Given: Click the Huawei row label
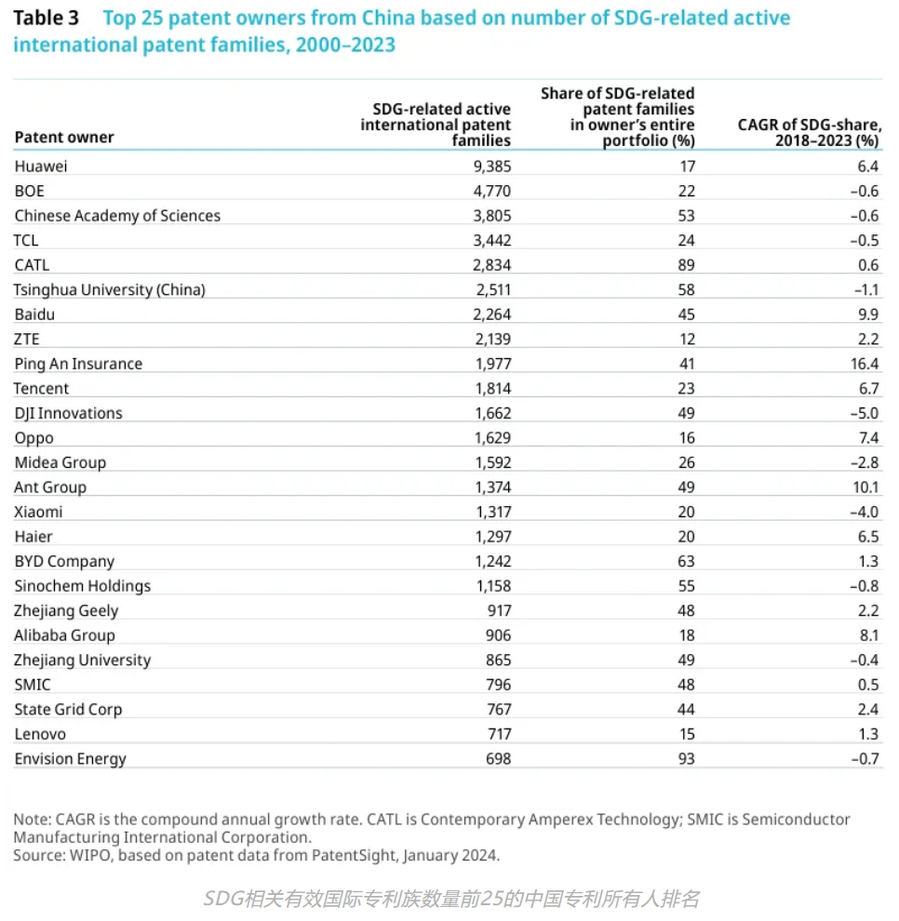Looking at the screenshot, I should click(x=41, y=166).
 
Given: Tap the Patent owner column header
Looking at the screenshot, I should click(x=64, y=137).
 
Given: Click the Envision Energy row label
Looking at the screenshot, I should click(x=70, y=759).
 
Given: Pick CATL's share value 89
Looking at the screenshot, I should click(x=686, y=265).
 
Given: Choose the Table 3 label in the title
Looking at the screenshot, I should click(x=46, y=19).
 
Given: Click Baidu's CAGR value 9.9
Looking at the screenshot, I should click(x=868, y=314).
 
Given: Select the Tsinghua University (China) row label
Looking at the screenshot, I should click(x=109, y=289).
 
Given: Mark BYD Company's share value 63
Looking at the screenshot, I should click(x=686, y=561).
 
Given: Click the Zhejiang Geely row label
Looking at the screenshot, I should click(x=66, y=610).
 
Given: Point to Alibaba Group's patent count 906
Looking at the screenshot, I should click(x=497, y=635).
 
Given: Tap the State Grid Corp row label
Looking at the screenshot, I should click(x=68, y=709).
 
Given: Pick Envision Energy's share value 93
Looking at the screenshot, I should click(x=686, y=759).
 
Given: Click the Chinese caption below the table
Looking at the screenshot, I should click(x=450, y=899).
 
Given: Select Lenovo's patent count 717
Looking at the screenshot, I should click(x=497, y=734).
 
